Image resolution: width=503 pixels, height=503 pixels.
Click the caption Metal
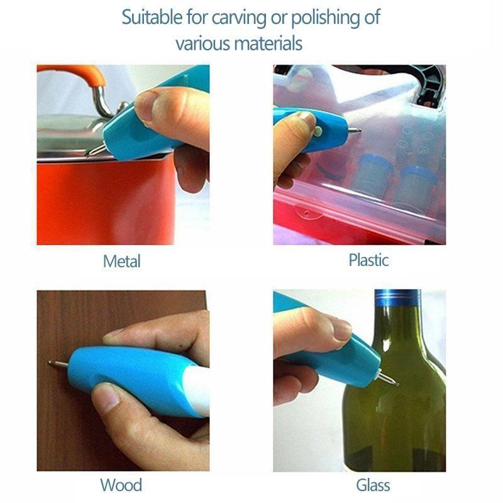coord(121,261)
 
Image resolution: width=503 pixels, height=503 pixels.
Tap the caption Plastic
coord(368,260)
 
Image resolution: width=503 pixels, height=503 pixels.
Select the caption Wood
coord(121,485)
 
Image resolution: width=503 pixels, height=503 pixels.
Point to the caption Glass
coord(373,485)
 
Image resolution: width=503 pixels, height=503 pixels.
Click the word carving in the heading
coord(239,18)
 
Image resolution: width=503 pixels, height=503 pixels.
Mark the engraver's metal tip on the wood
coord(58,364)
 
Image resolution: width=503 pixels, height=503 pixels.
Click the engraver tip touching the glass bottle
coord(388,379)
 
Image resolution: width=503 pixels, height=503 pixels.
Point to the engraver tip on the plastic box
coord(354,130)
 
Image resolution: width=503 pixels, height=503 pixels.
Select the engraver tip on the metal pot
coord(96,151)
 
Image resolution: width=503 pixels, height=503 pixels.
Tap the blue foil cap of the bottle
coord(397,298)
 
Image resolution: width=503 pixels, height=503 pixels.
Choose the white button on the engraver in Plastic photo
coord(318,131)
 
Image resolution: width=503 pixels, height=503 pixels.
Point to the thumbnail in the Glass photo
coord(342,329)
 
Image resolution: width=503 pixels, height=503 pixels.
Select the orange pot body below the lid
coord(106,202)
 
